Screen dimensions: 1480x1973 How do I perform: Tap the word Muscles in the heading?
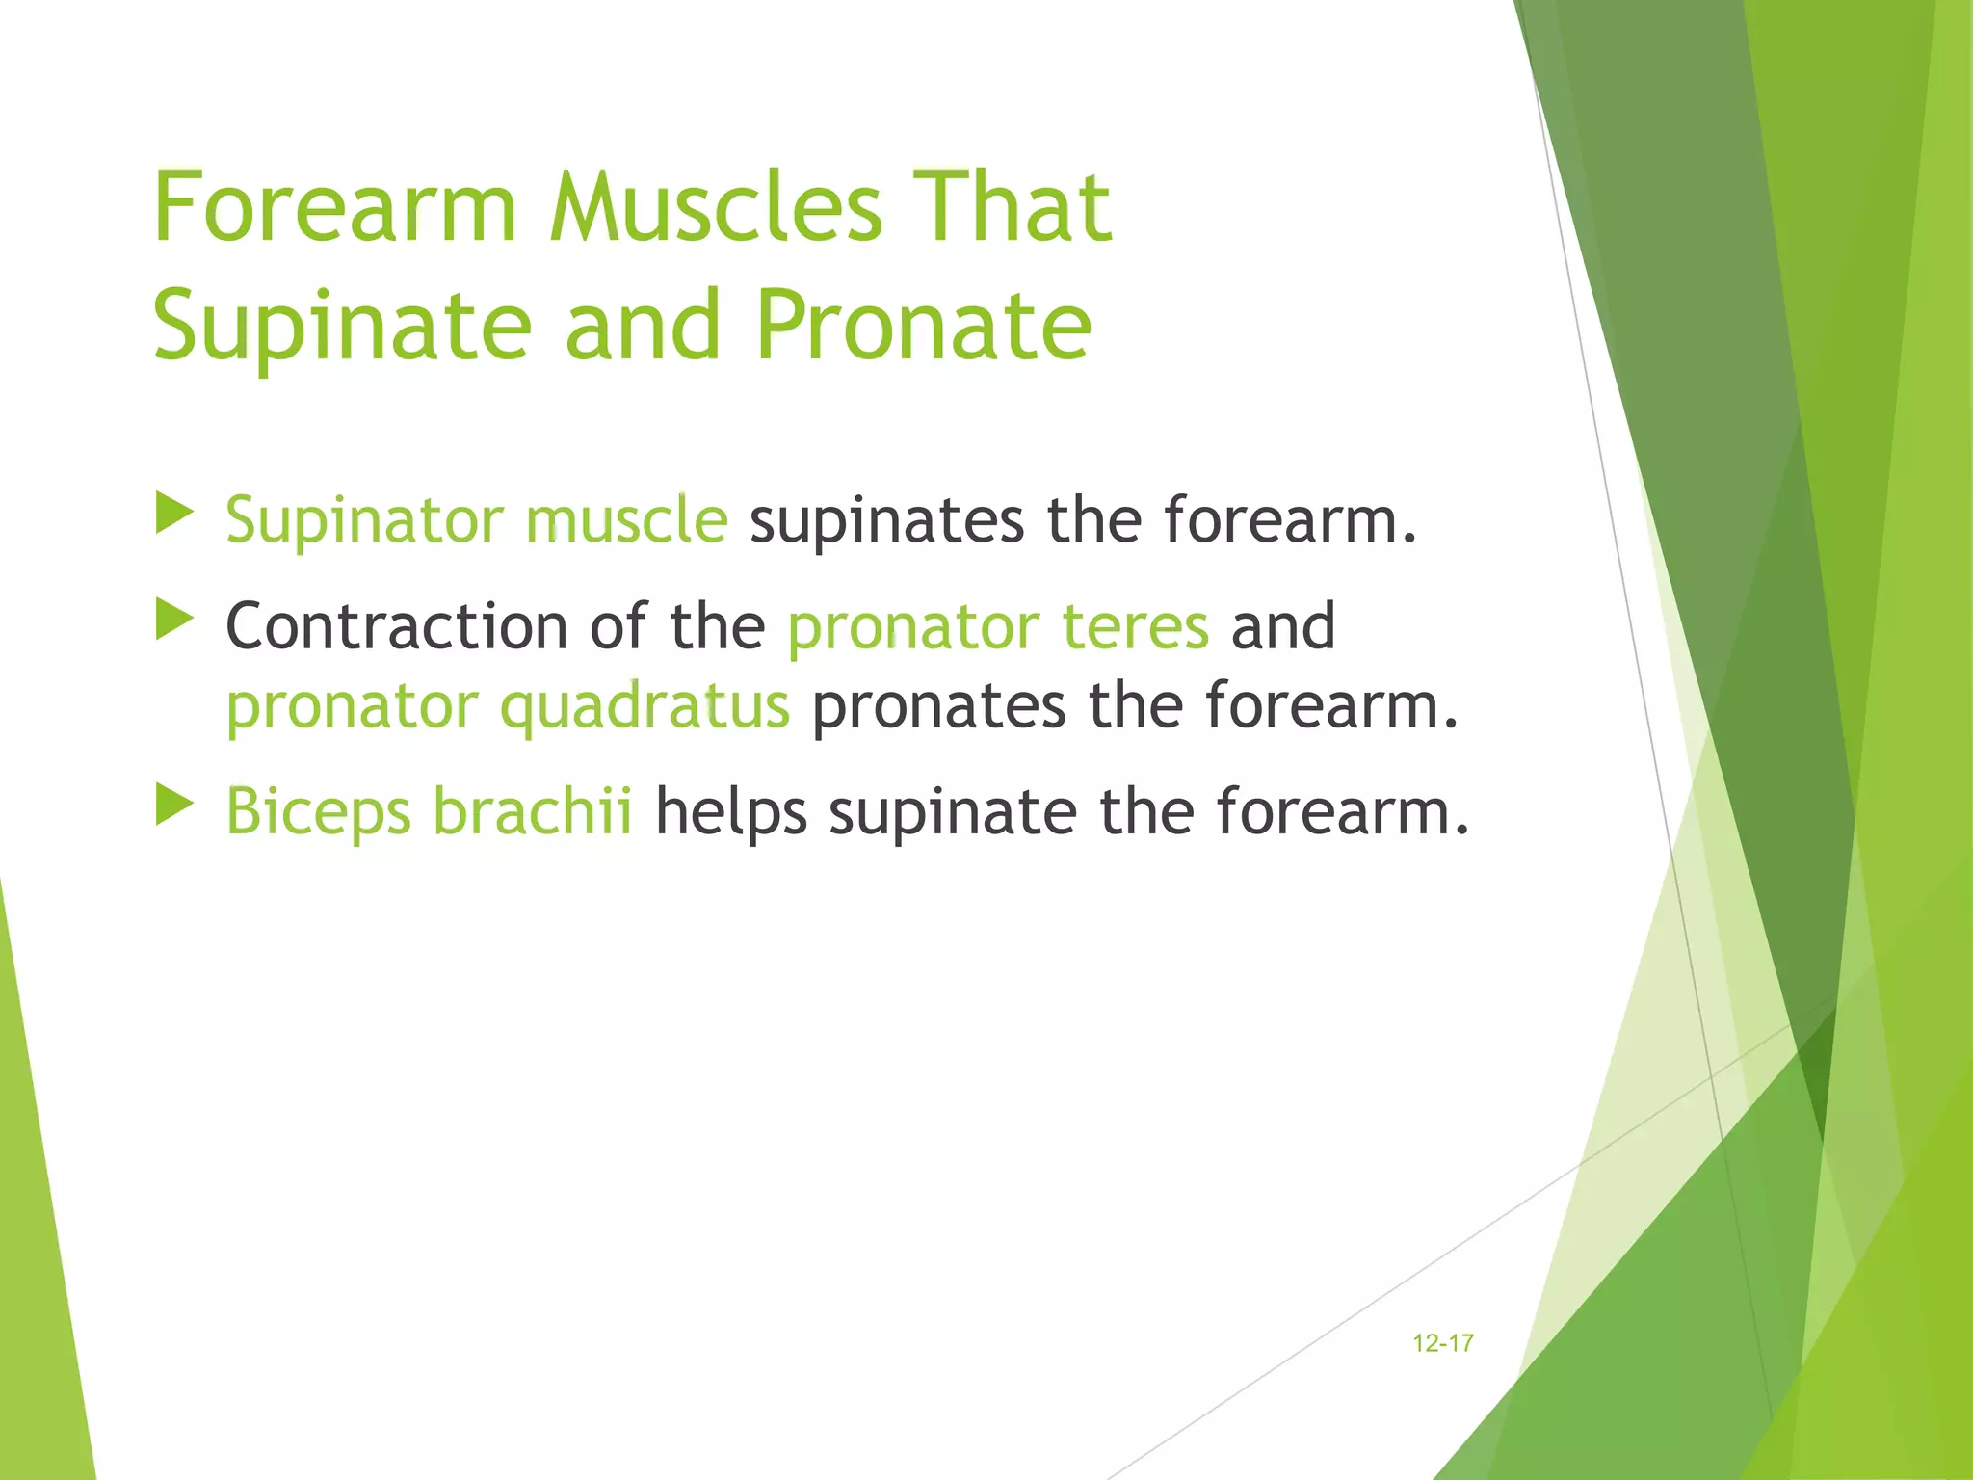tap(716, 207)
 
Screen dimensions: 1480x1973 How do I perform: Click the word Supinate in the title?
tap(342, 328)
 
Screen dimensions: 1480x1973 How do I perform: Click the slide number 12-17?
tap(1442, 1343)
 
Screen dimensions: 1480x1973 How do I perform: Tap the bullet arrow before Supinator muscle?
tap(174, 515)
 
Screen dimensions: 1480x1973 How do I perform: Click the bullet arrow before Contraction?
tap(174, 621)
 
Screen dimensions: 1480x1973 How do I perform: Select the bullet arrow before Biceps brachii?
tap(174, 806)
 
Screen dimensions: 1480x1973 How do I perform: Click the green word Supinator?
tap(364, 521)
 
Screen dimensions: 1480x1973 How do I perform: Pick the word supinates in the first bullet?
tap(886, 521)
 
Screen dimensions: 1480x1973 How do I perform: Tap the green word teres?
tap(1135, 626)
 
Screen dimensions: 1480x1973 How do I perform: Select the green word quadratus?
tap(645, 707)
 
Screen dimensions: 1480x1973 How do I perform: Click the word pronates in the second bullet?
tap(938, 707)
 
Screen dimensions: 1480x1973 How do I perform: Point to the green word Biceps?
tap(319, 813)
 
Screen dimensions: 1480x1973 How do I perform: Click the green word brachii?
tap(533, 811)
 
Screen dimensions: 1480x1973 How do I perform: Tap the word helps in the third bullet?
tap(730, 813)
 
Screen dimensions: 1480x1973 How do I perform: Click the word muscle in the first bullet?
tap(626, 521)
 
